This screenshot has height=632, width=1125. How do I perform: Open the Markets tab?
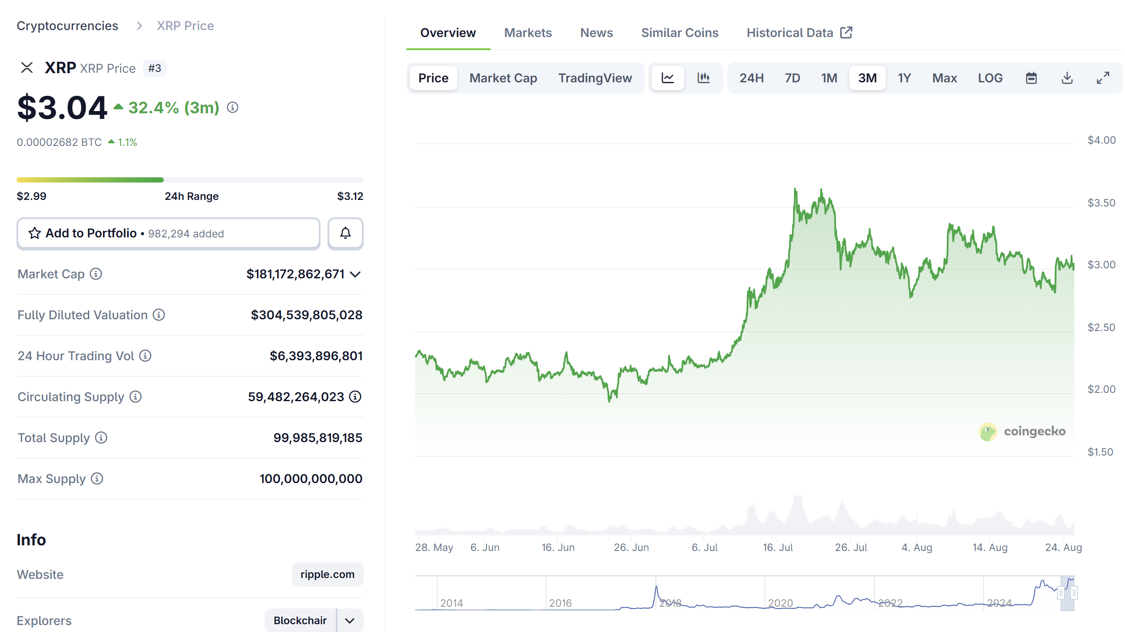tap(527, 33)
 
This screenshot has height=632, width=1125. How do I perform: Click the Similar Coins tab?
tap(679, 33)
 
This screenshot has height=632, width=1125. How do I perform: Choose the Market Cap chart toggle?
tap(503, 78)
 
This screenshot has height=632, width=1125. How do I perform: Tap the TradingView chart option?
tap(595, 78)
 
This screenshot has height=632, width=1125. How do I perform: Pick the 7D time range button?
tap(792, 78)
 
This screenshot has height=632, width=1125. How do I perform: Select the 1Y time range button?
tap(904, 78)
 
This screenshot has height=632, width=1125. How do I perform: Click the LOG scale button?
tap(990, 78)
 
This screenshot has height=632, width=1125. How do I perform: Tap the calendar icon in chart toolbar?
tap(1030, 78)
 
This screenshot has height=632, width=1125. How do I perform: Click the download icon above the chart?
tap(1067, 78)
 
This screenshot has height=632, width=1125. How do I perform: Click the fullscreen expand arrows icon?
tap(1102, 78)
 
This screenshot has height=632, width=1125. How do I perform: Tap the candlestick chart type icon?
tap(703, 78)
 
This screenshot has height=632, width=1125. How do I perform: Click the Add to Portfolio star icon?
tap(34, 233)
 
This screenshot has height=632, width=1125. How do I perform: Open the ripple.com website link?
tap(327, 575)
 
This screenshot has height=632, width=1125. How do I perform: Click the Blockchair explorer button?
tap(300, 620)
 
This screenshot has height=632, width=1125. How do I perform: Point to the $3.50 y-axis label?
tap(1101, 203)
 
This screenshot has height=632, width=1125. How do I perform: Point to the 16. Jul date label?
tap(777, 547)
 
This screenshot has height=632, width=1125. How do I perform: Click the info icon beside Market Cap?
tap(96, 274)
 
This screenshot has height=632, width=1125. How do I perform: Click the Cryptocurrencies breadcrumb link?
tap(67, 26)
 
